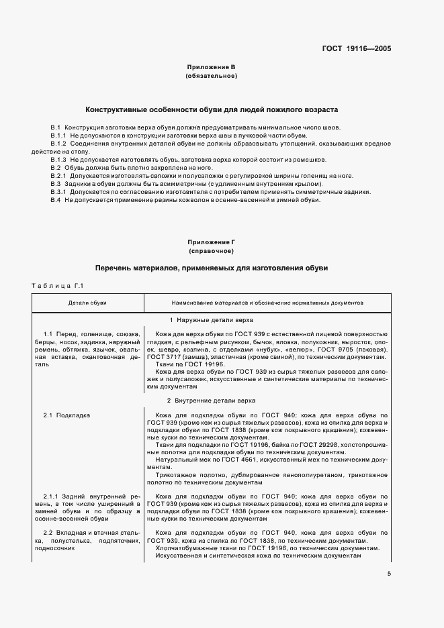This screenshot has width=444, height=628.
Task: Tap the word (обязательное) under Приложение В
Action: [210, 76]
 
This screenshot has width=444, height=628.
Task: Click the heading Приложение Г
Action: [210, 242]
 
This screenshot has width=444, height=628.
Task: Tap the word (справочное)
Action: [210, 251]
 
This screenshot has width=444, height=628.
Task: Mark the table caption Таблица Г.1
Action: [56, 286]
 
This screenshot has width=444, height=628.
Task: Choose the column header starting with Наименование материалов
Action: [267, 303]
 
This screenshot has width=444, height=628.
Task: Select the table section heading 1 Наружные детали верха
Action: [211, 320]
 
